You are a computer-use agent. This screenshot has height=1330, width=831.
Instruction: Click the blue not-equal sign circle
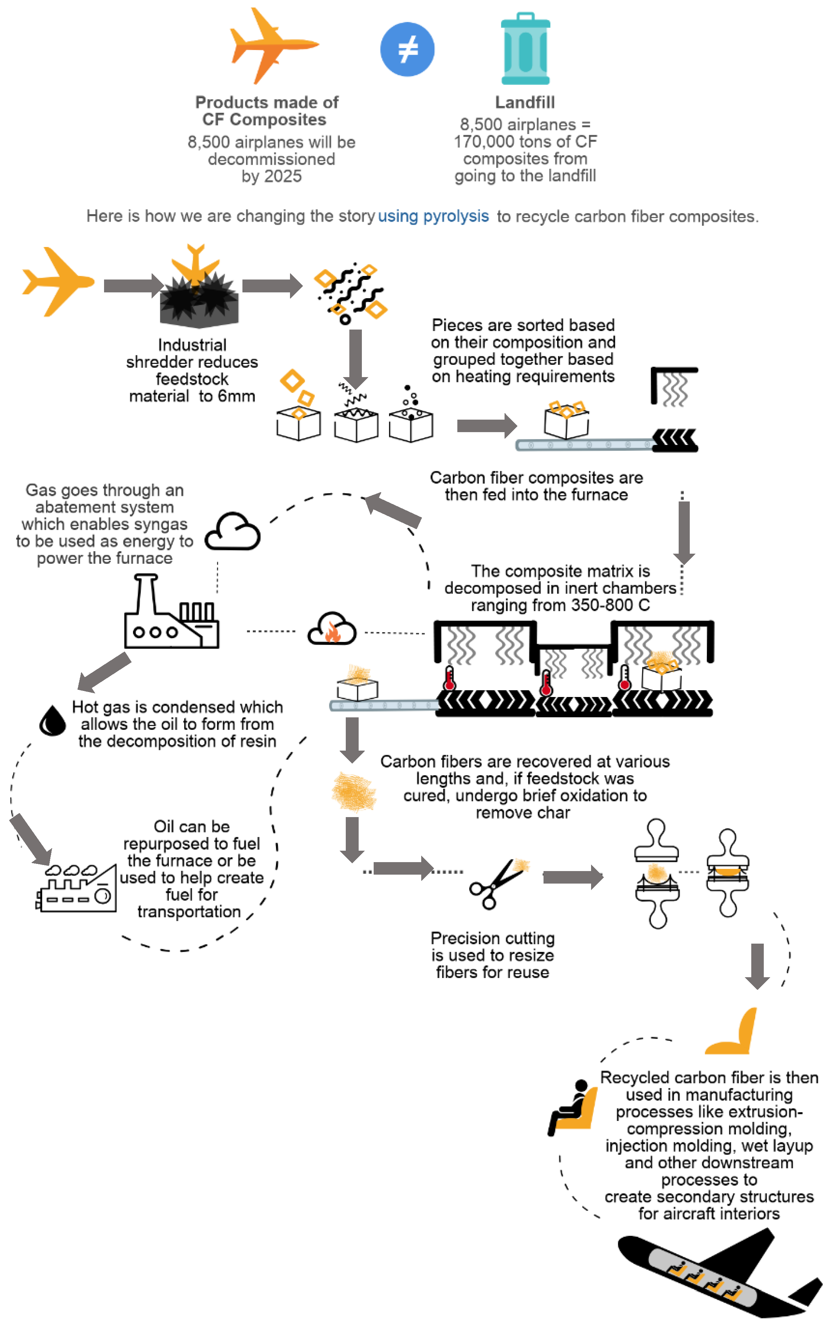pos(407,49)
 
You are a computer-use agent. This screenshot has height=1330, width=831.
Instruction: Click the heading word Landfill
pos(525,102)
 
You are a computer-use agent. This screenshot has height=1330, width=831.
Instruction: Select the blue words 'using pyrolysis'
pos(433,216)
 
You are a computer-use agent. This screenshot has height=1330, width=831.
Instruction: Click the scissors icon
pos(495,885)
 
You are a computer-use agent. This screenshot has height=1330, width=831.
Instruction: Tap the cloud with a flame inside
pos(331,629)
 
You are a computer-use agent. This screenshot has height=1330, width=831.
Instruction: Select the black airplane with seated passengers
pos(714,1275)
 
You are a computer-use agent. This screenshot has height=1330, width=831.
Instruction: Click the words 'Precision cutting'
pos(492,938)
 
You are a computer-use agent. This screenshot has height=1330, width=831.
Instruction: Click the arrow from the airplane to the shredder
pos(132,286)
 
